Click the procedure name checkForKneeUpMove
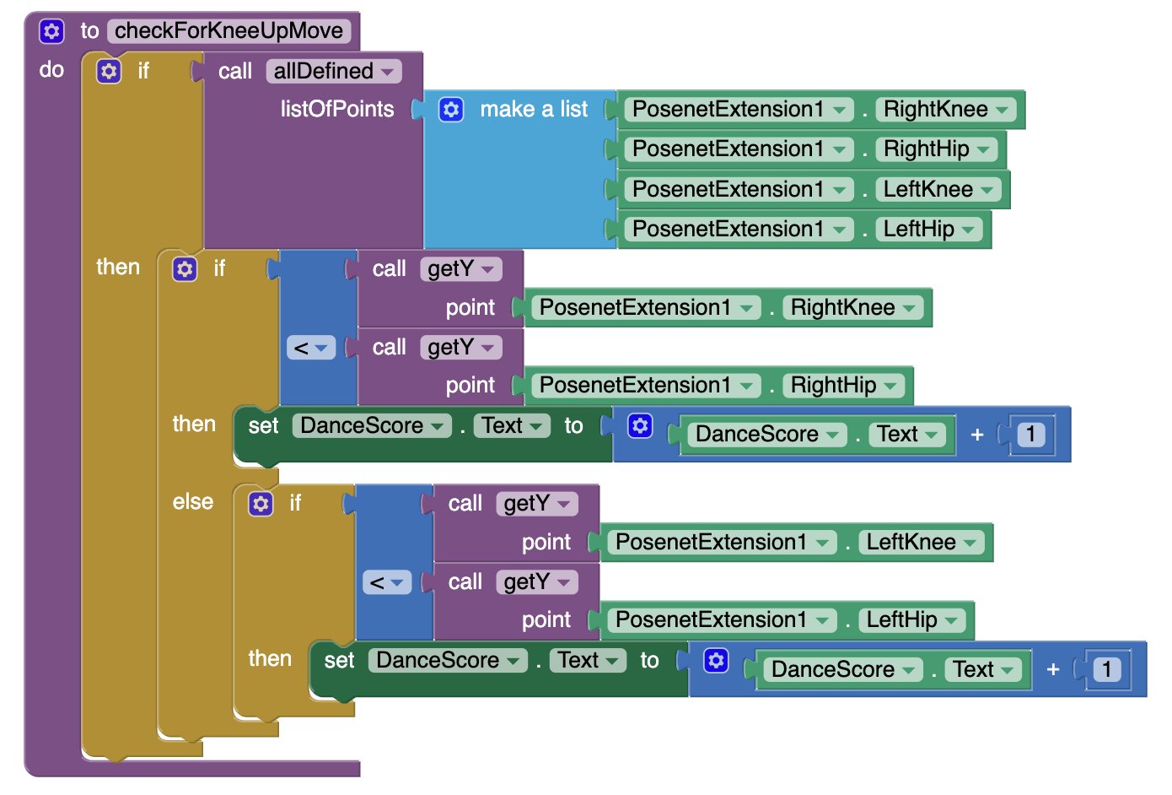pyautogui.click(x=228, y=30)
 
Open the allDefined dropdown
pyautogui.click(x=334, y=71)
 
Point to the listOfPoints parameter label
pyautogui.click(x=337, y=109)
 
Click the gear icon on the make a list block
pyautogui.click(x=451, y=110)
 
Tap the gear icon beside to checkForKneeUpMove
pyautogui.click(x=51, y=31)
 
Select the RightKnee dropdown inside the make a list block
pyautogui.click(x=945, y=110)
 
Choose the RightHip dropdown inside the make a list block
pyautogui.click(x=936, y=149)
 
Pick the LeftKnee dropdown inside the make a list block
pyautogui.click(x=938, y=189)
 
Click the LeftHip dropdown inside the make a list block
pyautogui.click(x=928, y=229)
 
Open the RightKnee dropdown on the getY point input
pyautogui.click(x=852, y=307)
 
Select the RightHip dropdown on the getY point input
pyautogui.click(x=843, y=386)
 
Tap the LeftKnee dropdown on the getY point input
pyautogui.click(x=922, y=542)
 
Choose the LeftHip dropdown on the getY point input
pyautogui.click(x=912, y=620)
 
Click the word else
pyautogui.click(x=193, y=501)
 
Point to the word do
pyautogui.click(x=51, y=70)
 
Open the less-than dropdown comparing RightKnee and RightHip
pyautogui.click(x=311, y=348)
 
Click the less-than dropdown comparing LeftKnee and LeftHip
pyautogui.click(x=387, y=582)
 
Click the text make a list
pyautogui.click(x=534, y=110)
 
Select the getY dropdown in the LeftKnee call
pyautogui.click(x=537, y=504)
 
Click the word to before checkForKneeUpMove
pyautogui.click(x=89, y=31)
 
